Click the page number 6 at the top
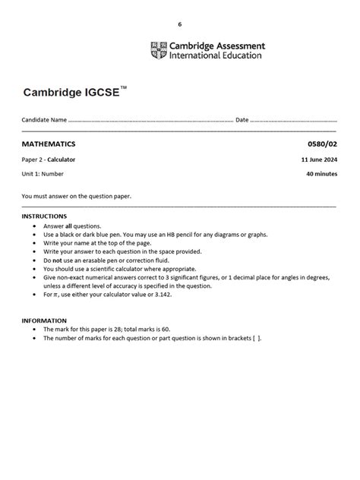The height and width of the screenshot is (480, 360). click(x=180, y=24)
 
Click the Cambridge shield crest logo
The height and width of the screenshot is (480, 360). click(x=159, y=50)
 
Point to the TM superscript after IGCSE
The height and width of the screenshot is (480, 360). click(x=124, y=88)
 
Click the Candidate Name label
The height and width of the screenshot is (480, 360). click(x=44, y=120)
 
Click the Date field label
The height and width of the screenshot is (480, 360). click(x=242, y=120)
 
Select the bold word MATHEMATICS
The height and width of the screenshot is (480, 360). click(x=49, y=144)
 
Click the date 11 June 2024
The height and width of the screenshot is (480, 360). click(x=319, y=159)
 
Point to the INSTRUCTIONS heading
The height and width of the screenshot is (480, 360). click(x=44, y=216)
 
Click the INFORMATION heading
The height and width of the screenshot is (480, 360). click(x=44, y=321)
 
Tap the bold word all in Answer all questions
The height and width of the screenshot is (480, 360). click(x=68, y=226)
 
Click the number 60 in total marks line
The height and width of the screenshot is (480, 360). click(x=163, y=330)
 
